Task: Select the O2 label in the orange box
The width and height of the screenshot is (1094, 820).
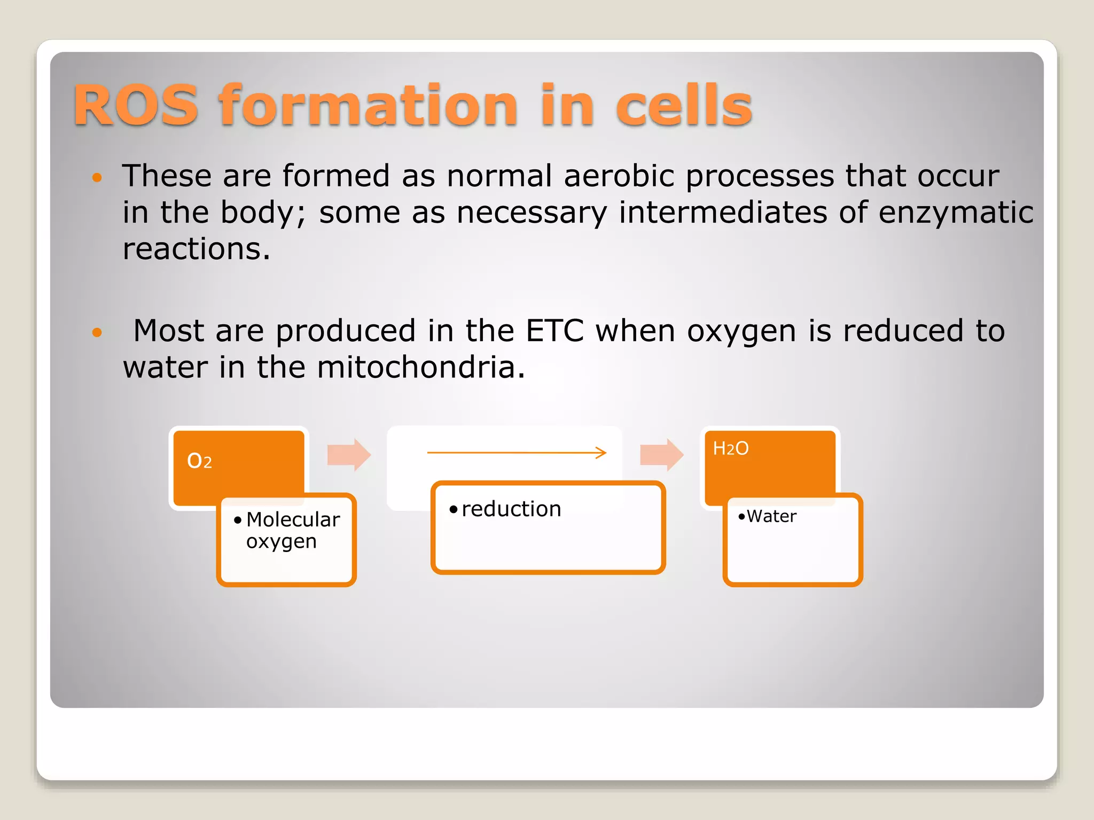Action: pyautogui.click(x=199, y=461)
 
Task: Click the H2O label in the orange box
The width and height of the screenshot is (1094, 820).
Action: pyautogui.click(x=731, y=448)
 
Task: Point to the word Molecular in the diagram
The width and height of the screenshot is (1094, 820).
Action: pyautogui.click(x=293, y=519)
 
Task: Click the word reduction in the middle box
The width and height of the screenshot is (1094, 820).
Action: pyautogui.click(x=511, y=509)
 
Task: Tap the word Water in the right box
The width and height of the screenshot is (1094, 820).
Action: pyautogui.click(x=771, y=516)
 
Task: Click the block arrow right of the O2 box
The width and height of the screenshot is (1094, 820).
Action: pyautogui.click(x=349, y=455)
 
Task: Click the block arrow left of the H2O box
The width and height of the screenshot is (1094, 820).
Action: pyautogui.click(x=661, y=455)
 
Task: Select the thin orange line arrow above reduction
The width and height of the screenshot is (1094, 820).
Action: pyautogui.click(x=517, y=453)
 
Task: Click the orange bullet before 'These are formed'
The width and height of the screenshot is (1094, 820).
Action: pyautogui.click(x=97, y=178)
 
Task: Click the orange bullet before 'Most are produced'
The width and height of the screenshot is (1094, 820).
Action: pyautogui.click(x=97, y=333)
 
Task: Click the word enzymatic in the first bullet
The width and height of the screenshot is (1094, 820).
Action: pyautogui.click(x=956, y=212)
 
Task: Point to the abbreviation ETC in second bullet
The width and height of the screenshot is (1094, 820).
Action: pyautogui.click(x=554, y=330)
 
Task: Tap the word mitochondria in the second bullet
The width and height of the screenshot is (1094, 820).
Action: pyautogui.click(x=416, y=367)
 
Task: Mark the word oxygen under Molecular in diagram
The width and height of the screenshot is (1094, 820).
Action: pyautogui.click(x=281, y=542)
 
